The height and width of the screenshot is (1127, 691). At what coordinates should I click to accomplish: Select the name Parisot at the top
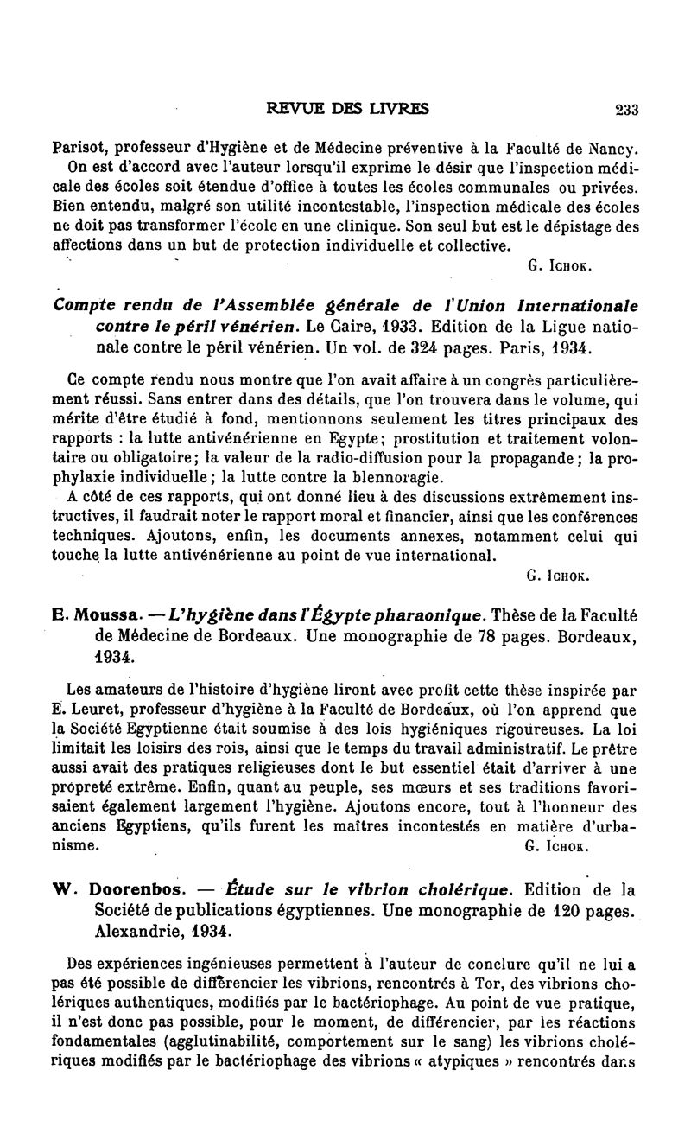tap(79, 146)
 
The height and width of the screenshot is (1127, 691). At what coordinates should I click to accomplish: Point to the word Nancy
tap(613, 146)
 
